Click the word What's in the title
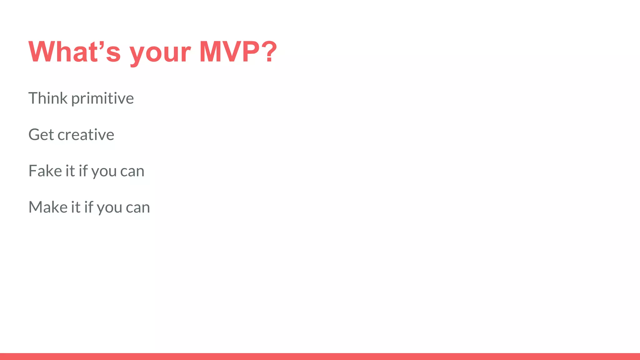pos(74,52)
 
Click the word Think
pos(48,98)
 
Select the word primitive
pos(102,99)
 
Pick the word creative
pos(86,135)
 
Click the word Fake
pos(45,171)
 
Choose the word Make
pos(48,207)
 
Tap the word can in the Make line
pos(138,207)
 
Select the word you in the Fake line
pos(104,172)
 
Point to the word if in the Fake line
pos(83,171)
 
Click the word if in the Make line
pos(88,207)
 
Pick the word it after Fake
pos(70,171)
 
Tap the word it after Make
pos(76,207)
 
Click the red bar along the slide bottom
pos(320,356)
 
